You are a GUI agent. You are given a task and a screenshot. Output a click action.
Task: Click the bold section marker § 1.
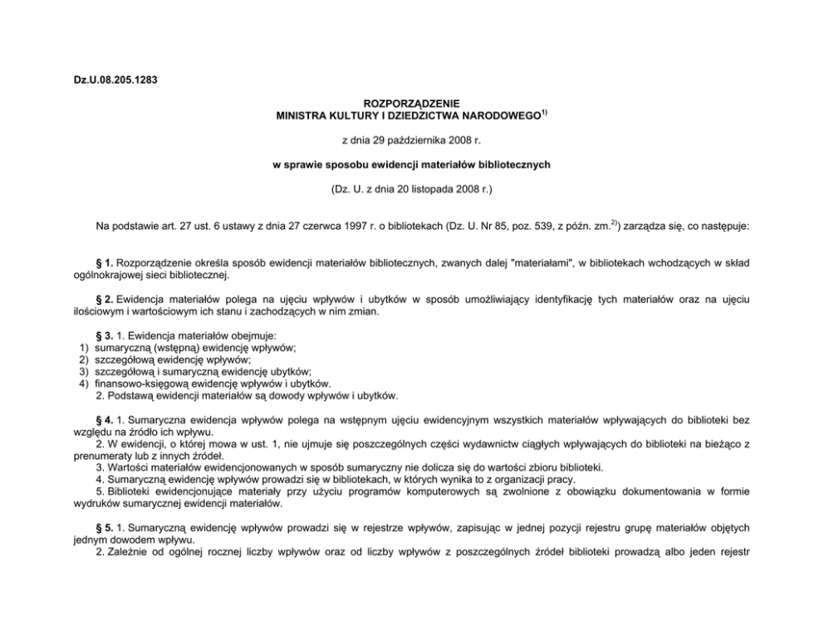click(106, 263)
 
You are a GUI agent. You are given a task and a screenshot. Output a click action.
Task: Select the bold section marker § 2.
click(106, 298)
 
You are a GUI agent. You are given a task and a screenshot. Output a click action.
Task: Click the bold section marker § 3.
click(106, 335)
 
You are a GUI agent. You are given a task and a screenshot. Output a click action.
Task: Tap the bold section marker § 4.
click(106, 420)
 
